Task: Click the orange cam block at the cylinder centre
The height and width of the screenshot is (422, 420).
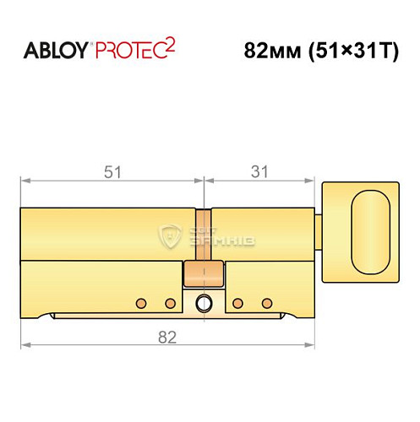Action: (x=204, y=273)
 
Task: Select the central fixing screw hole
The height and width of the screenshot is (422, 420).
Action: (x=204, y=303)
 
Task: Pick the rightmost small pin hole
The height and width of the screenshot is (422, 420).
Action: (x=267, y=302)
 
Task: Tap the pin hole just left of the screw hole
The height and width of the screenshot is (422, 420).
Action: (x=169, y=302)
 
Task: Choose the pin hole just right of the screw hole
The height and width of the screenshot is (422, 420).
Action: (x=238, y=302)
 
